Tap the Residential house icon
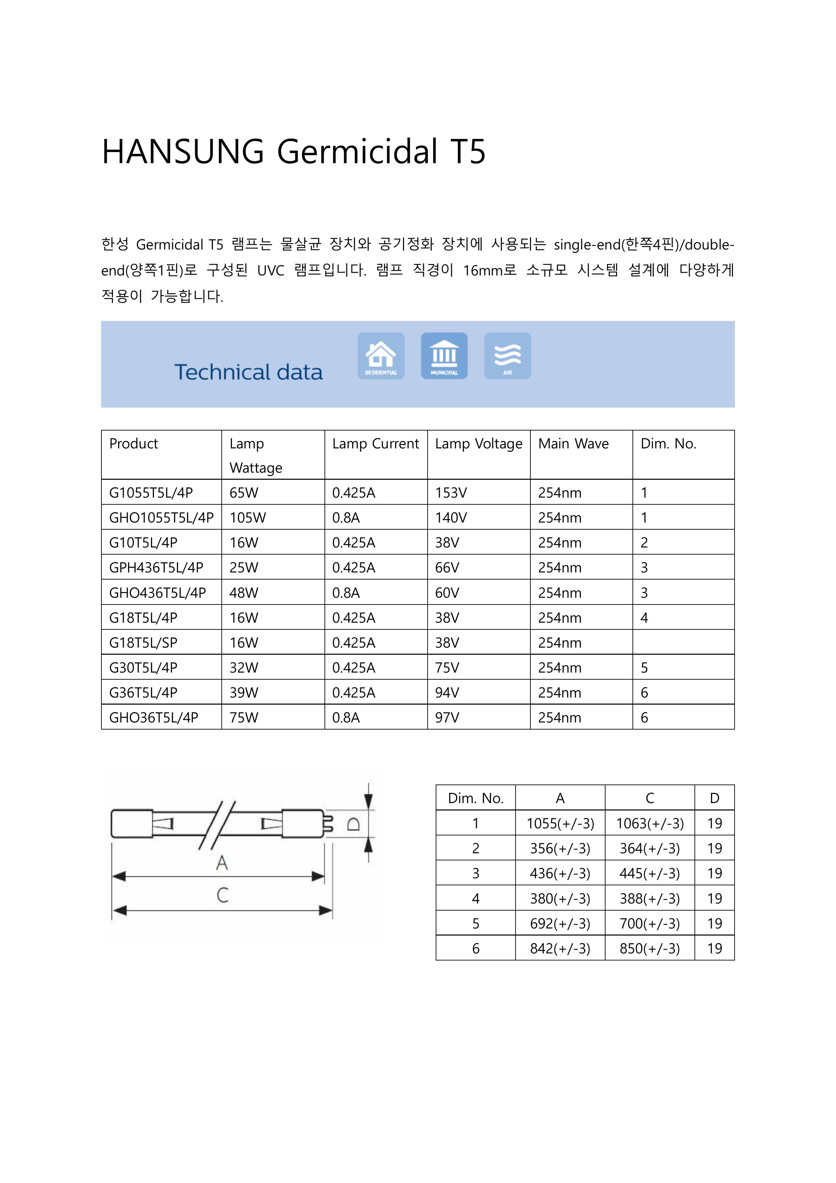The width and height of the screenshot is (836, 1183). [381, 356]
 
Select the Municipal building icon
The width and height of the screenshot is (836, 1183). [444, 356]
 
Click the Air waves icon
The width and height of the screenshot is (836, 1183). [507, 356]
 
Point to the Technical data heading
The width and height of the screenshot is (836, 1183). [248, 372]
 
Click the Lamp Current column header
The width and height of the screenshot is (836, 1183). [375, 444]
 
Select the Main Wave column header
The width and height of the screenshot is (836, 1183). [573, 444]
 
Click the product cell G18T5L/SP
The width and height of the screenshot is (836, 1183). [143, 643]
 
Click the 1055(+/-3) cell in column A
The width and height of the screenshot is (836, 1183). [560, 823]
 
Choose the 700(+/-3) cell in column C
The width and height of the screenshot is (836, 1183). [650, 923]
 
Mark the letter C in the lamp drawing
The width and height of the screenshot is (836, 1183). [222, 895]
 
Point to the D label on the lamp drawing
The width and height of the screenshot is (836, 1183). [353, 824]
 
